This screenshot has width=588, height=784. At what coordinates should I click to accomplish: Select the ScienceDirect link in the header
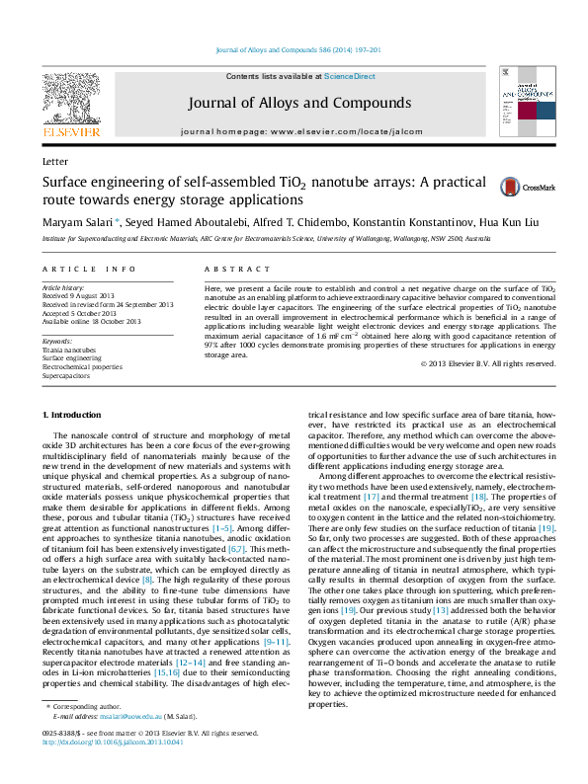tap(350, 76)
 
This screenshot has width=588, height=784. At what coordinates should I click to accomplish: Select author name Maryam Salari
tap(77, 221)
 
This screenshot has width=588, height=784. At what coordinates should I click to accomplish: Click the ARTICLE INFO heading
tap(89, 269)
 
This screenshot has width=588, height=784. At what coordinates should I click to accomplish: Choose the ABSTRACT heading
tap(229, 269)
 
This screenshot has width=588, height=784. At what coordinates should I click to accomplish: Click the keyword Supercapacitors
tap(65, 375)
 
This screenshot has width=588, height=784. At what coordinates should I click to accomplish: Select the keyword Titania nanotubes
tap(69, 350)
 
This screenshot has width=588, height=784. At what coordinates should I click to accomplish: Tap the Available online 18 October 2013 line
tap(91, 321)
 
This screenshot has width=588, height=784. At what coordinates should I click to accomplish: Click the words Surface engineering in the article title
tap(101, 183)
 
